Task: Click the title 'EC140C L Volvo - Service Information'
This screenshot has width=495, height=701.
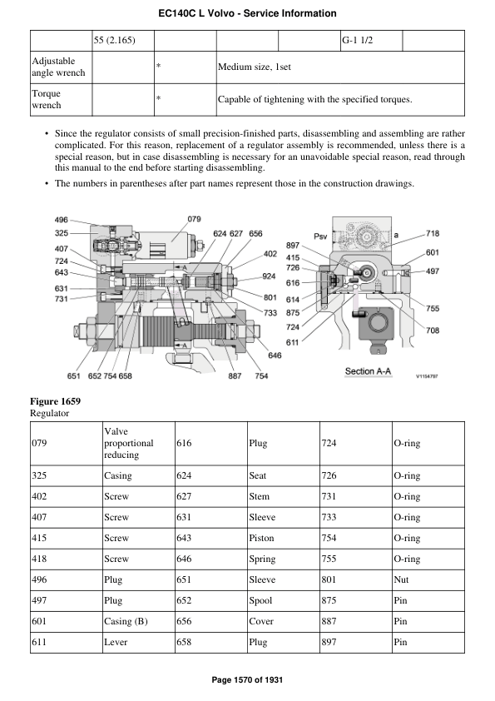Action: [247, 13]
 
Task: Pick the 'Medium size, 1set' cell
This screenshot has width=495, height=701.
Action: [254, 67]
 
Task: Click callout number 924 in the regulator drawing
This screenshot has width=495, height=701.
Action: [269, 276]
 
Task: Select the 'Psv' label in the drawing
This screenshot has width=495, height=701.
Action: [320, 236]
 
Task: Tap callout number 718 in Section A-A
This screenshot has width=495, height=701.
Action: [433, 234]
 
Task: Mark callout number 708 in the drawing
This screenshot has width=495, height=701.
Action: [433, 331]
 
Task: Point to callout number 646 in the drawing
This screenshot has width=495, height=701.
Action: [275, 355]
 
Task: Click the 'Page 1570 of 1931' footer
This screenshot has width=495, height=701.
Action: [247, 680]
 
